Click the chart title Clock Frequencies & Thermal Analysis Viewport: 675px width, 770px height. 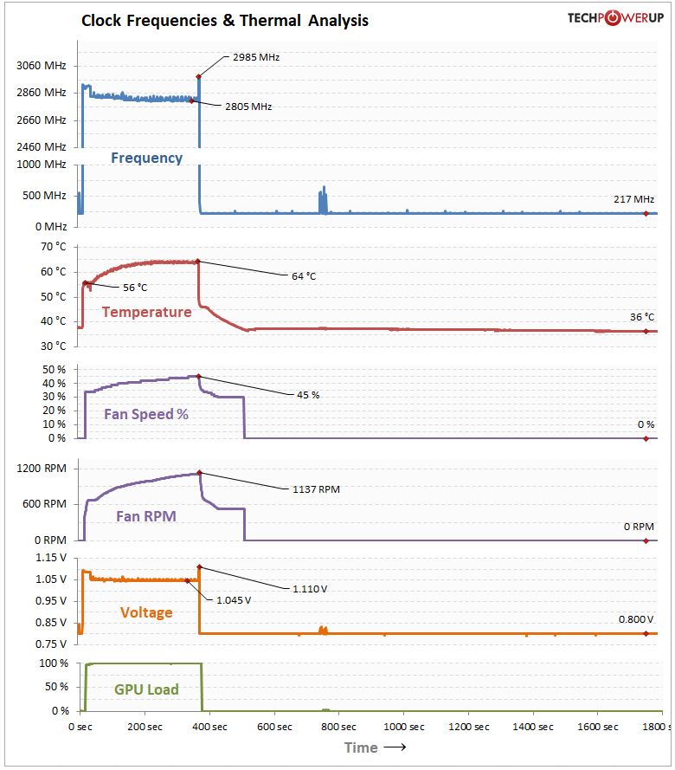225,20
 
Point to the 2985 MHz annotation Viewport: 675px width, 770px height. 256,57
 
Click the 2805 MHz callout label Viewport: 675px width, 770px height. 248,107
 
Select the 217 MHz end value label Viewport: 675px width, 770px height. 633,199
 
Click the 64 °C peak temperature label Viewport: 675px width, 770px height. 304,276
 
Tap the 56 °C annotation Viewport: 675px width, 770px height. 135,287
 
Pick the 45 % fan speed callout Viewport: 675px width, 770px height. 309,395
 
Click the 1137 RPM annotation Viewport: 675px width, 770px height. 316,489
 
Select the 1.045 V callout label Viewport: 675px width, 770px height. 234,599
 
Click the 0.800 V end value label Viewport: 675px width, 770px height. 635,619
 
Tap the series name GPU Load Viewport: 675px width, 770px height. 146,689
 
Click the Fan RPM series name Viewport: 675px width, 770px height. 146,516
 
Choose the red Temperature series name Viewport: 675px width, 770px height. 146,312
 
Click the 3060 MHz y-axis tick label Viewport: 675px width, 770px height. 41,66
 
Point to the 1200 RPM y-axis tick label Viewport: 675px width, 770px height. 42,469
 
